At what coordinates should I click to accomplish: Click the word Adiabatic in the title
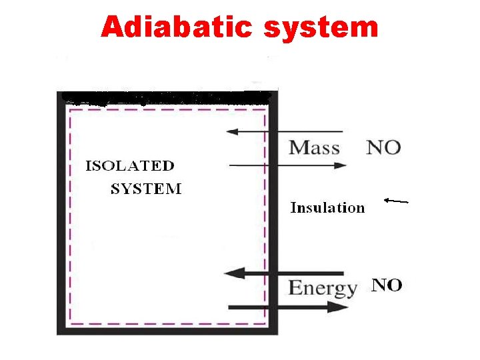coord(177,27)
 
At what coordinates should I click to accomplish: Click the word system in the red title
coord(321,27)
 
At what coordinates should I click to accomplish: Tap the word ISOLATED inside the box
coord(130,166)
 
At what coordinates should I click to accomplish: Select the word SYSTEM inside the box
coord(146,189)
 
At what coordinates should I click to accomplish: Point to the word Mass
coord(314,147)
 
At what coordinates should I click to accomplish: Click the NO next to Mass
coord(383,147)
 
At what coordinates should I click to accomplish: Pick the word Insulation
coord(327,208)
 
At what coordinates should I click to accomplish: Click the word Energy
coord(322,288)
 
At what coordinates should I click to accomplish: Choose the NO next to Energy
coord(387,285)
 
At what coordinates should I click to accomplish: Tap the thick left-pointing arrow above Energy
coord(284,273)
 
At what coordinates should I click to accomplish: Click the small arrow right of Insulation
coord(396,200)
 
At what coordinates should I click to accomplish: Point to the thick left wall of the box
coord(61,213)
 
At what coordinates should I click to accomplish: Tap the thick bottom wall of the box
coord(167,330)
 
